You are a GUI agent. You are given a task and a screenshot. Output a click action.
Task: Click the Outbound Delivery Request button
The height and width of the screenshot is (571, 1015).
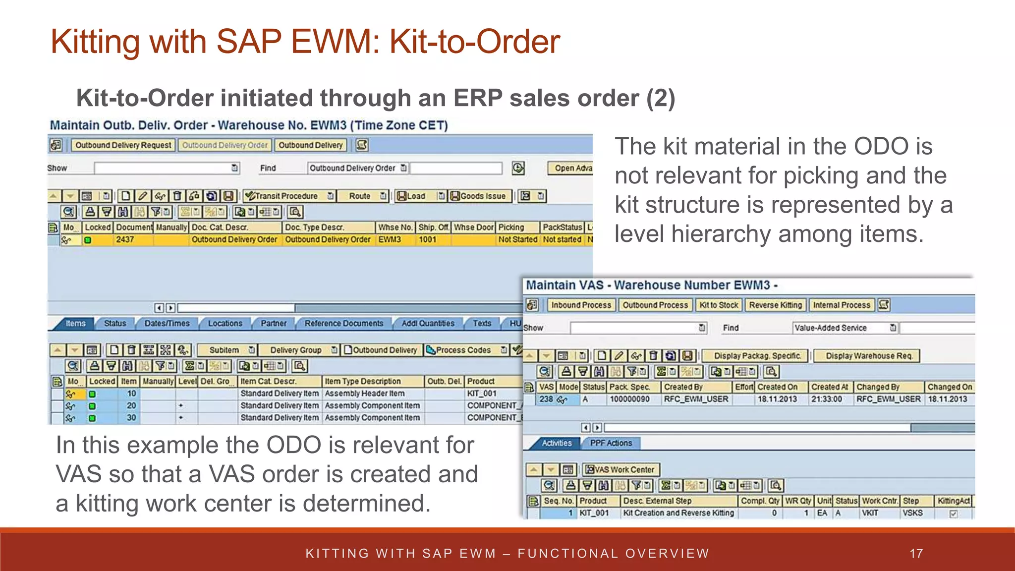123,145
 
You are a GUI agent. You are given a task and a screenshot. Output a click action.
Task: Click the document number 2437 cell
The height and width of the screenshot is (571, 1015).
125,239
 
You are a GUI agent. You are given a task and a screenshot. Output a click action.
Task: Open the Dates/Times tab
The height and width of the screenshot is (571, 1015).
167,323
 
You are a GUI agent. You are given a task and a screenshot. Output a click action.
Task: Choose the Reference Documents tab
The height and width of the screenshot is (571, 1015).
344,323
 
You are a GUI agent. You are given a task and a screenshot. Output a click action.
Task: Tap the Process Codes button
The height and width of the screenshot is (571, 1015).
463,350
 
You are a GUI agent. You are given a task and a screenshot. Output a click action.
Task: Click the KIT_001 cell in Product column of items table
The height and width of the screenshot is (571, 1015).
482,394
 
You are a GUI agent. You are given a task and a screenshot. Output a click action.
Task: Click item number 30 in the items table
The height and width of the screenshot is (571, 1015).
131,418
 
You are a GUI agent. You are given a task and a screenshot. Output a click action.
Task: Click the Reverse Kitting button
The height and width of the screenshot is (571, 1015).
775,305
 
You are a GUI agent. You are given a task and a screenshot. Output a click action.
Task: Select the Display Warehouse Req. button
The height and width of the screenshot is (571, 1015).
869,355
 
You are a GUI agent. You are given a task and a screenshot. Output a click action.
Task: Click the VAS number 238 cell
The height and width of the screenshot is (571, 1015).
546,399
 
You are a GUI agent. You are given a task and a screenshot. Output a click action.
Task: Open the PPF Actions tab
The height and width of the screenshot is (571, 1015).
611,443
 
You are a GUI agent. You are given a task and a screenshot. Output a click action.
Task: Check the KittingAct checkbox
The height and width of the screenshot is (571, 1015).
953,514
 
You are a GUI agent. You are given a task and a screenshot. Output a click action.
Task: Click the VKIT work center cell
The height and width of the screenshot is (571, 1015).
870,513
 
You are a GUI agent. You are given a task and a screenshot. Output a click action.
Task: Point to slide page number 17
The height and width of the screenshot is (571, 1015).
916,553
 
